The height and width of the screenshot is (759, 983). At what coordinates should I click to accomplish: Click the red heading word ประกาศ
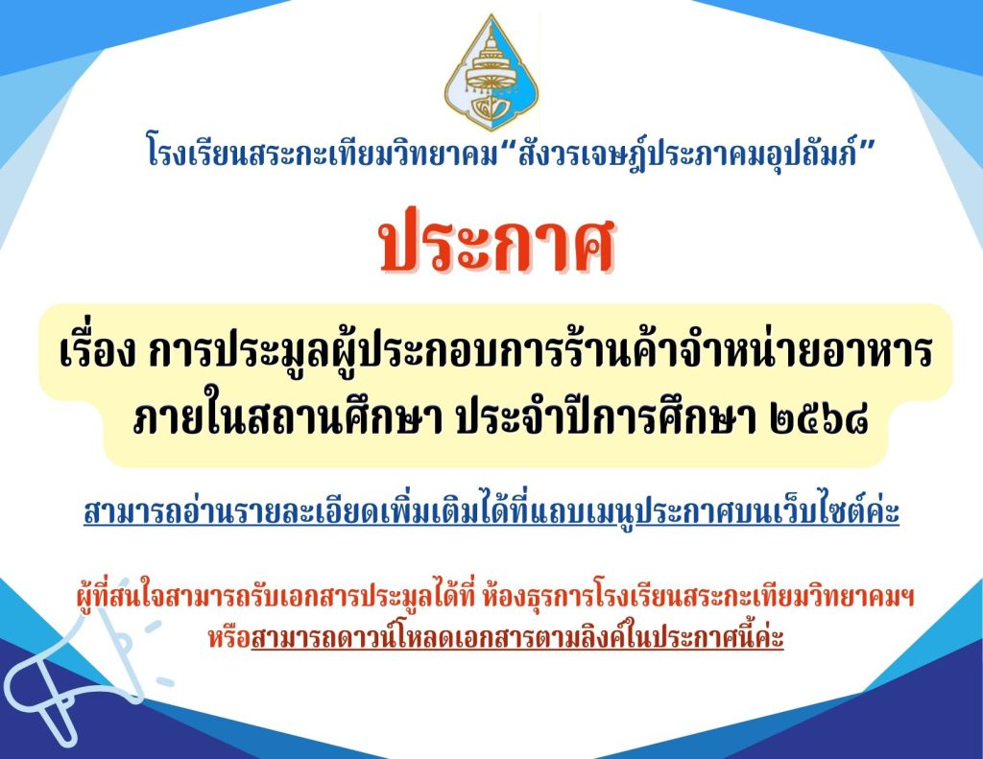(496, 241)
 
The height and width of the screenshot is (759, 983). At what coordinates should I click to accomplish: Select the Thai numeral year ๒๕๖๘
(819, 419)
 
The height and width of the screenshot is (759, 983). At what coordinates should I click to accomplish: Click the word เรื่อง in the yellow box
(98, 352)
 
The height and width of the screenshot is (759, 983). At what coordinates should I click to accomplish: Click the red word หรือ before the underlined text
(229, 638)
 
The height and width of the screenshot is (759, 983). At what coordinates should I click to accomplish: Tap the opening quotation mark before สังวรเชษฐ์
(507, 144)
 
